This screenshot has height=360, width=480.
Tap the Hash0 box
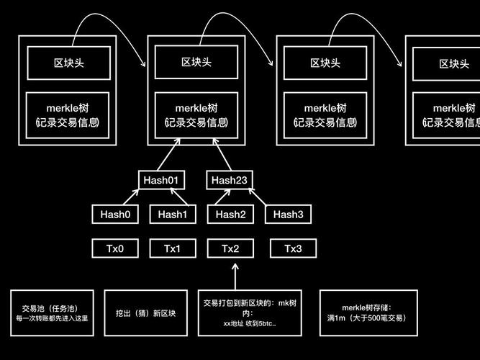(x=115, y=214)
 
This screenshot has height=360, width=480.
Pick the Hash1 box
(x=172, y=214)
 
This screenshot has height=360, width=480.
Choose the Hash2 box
(x=230, y=214)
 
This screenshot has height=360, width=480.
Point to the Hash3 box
(x=288, y=214)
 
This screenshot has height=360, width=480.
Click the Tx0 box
(x=115, y=248)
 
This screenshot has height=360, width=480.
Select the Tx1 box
(x=172, y=248)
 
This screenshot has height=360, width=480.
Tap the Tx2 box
(x=230, y=248)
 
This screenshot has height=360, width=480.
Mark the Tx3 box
(x=292, y=248)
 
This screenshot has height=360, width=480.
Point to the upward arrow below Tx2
(x=234, y=276)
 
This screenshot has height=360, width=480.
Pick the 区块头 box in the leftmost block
(x=68, y=63)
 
